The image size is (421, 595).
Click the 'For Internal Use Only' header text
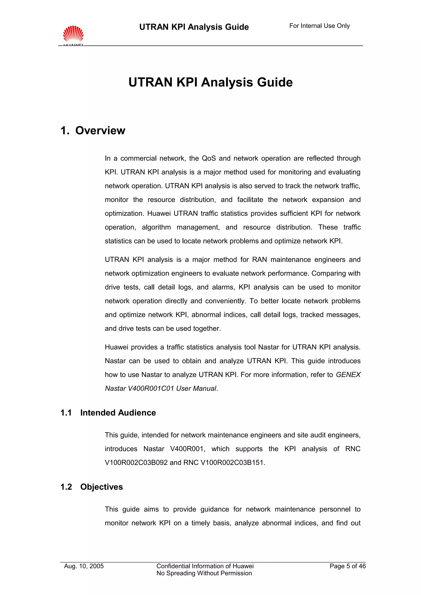click(319, 26)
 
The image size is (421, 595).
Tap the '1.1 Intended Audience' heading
click(108, 412)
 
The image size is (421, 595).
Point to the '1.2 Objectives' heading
click(91, 487)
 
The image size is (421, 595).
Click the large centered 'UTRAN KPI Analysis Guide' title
click(210, 82)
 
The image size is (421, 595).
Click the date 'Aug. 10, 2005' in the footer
click(84, 566)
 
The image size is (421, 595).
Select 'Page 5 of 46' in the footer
click(347, 566)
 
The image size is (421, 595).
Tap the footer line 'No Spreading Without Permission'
click(204, 573)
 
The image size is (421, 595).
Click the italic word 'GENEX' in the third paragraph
click(348, 375)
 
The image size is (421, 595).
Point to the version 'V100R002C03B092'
click(136, 463)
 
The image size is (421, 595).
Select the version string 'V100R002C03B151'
click(232, 463)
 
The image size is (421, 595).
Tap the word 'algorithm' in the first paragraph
click(156, 227)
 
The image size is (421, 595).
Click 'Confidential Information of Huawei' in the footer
click(205, 566)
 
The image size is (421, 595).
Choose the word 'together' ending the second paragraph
click(206, 329)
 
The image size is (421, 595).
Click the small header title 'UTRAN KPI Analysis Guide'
click(194, 27)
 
